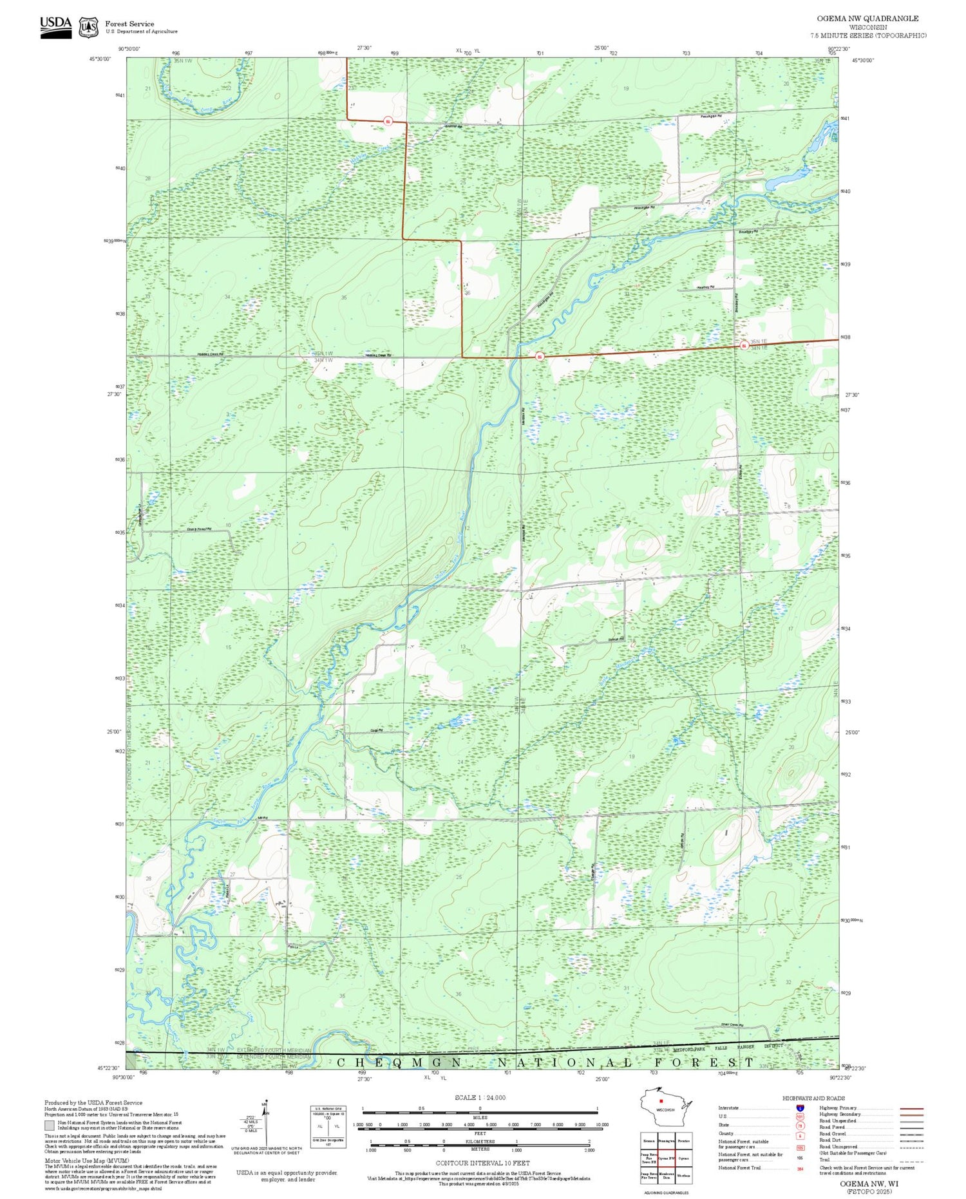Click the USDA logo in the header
tap(55, 26)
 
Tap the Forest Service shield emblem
tap(88, 27)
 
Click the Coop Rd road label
tap(377, 730)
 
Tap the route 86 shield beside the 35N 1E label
tap(744, 346)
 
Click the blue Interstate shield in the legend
tap(799, 1108)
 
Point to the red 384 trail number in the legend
tap(800, 1167)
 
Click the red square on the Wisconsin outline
tap(660, 1101)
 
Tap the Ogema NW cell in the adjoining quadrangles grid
tap(666, 1158)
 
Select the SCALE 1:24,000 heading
tap(480, 1097)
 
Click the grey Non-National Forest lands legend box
tap(50, 1126)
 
